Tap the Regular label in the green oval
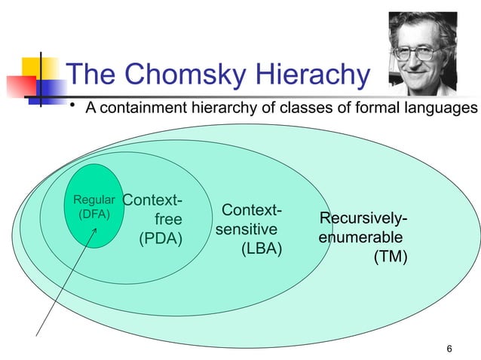pos(93,200)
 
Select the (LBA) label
pos(261,249)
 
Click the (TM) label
pos(391,258)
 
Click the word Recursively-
pos(363,219)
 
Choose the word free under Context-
pos(168,221)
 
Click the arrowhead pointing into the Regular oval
pos(95,227)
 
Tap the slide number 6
pos(449,347)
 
